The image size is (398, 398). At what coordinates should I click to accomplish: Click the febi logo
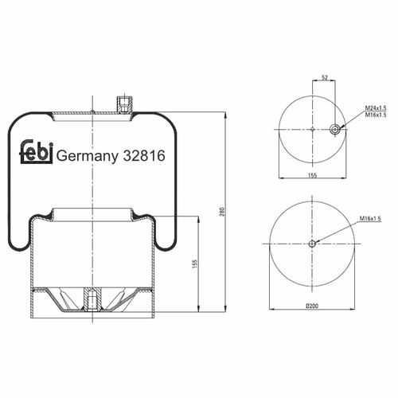tap(37, 151)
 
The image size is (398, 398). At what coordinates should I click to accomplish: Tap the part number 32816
tap(143, 155)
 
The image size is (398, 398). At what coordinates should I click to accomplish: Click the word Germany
tap(88, 157)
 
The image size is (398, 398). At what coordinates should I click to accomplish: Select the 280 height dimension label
tap(223, 212)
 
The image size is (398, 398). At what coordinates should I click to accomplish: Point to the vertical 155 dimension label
tap(195, 263)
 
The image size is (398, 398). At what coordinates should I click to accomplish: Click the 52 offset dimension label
tap(325, 77)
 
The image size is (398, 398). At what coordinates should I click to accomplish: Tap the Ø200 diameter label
tap(312, 306)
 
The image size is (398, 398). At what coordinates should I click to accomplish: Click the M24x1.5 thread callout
tap(376, 108)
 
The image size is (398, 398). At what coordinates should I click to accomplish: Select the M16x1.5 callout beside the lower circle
tap(370, 218)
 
